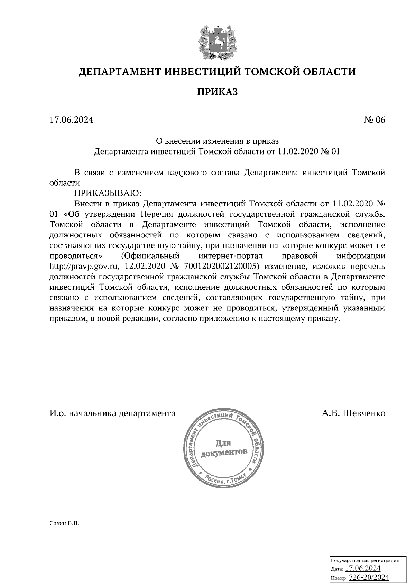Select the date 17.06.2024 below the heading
72,120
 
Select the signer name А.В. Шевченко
353,413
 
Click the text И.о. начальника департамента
112,413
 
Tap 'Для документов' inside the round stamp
224,447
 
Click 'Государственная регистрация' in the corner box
365,560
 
